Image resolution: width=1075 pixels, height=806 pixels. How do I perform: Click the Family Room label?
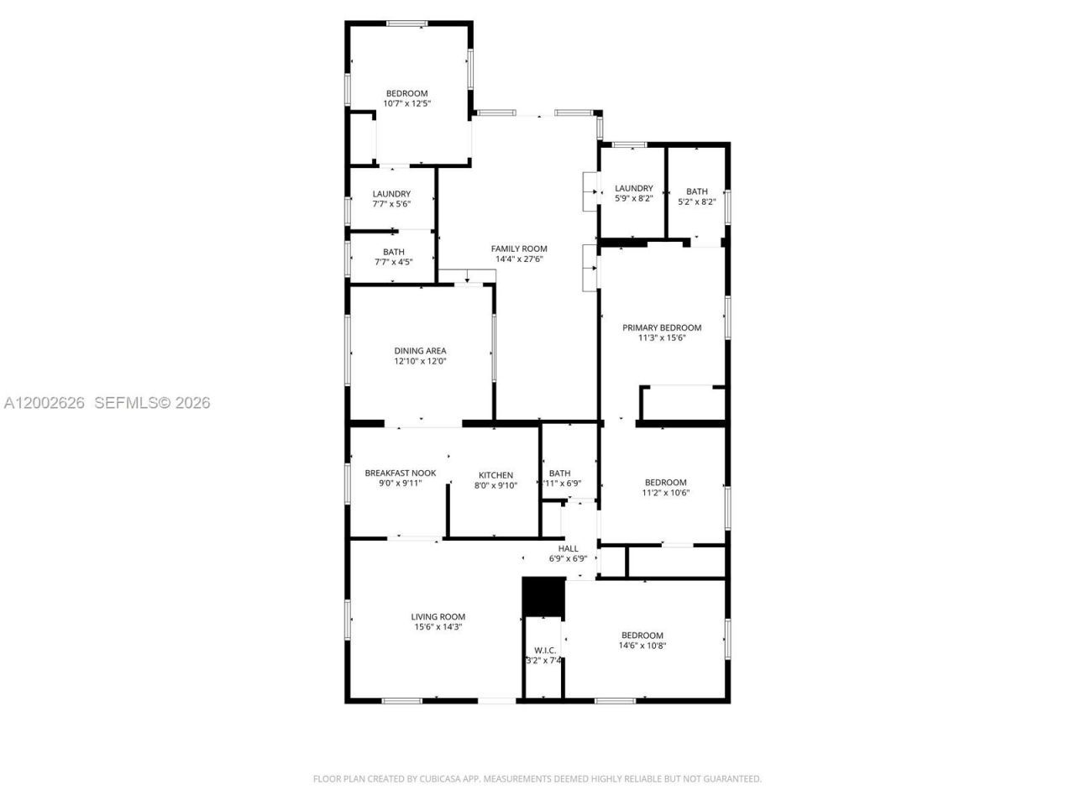pyautogui.click(x=519, y=249)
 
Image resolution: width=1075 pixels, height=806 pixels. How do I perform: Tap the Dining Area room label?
pyautogui.click(x=420, y=351)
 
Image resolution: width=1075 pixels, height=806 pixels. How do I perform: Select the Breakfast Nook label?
pyautogui.click(x=400, y=473)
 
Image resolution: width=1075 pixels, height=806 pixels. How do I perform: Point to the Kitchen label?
pyautogui.click(x=496, y=475)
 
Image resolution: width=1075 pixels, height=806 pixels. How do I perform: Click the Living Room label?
pyautogui.click(x=438, y=616)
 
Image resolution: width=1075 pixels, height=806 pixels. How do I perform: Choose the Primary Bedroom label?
pyautogui.click(x=661, y=327)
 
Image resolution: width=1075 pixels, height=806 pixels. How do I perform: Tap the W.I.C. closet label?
pyautogui.click(x=545, y=650)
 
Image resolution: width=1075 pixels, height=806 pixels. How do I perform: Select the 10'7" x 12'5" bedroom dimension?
pyautogui.click(x=406, y=103)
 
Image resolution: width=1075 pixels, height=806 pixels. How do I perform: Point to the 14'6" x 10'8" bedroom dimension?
pyautogui.click(x=642, y=646)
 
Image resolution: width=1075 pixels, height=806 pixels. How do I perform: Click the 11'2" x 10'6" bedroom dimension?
pyautogui.click(x=665, y=493)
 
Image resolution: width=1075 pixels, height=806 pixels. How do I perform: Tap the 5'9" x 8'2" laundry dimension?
pyautogui.click(x=633, y=199)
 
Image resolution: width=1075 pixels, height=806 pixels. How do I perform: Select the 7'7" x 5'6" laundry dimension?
pyautogui.click(x=391, y=204)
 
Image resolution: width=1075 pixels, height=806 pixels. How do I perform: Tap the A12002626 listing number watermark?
pyautogui.click(x=45, y=403)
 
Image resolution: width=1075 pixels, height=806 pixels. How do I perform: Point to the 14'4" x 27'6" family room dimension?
pyautogui.click(x=519, y=259)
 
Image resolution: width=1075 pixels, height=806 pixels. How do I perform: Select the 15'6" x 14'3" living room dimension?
pyautogui.click(x=438, y=627)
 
